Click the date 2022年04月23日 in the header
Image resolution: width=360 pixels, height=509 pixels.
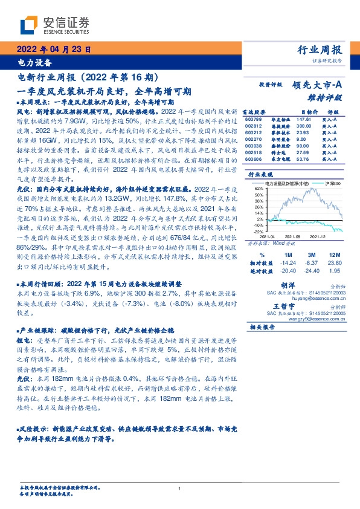coord(54,50)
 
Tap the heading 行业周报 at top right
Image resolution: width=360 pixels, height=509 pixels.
coord(320,50)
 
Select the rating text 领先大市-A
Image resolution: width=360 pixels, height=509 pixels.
coord(318,86)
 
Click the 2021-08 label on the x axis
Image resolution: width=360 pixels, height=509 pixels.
coord(292,236)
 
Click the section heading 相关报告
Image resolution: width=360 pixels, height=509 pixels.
coord(262,327)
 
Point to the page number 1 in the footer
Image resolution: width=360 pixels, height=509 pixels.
coord(180,488)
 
